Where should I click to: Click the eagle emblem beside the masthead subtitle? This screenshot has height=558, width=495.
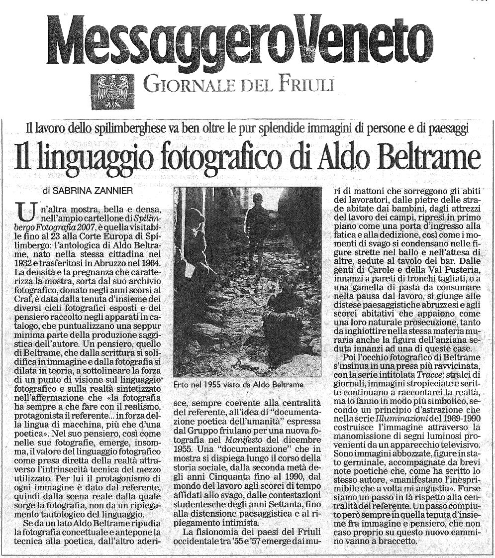pos(113,91)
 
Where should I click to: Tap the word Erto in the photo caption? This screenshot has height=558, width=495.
pos(183,384)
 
